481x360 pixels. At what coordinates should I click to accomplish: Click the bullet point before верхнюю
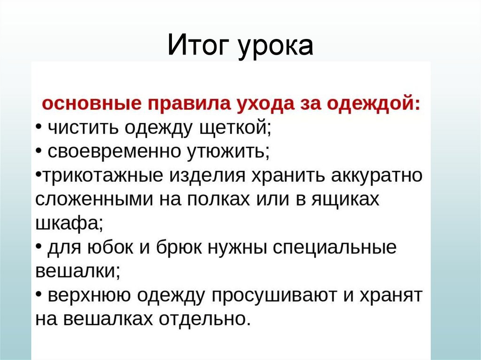(39, 295)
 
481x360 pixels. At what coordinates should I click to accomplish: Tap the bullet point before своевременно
(39, 151)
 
